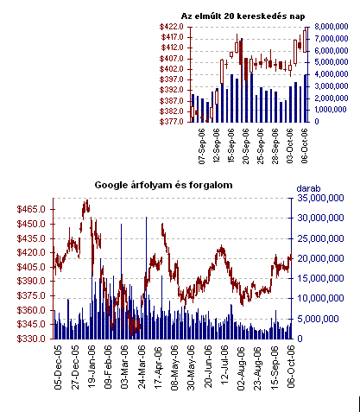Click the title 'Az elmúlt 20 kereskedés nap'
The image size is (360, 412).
pos(243,16)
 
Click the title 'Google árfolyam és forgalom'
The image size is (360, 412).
pos(163,185)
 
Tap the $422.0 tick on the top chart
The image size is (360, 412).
pos(171,27)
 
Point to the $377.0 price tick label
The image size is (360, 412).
pos(171,122)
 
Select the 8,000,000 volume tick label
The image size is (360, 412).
pos(332,27)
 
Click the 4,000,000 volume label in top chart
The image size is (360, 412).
pos(332,74)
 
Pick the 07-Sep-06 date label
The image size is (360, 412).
pos(202,146)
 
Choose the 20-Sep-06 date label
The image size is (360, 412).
pos(246,146)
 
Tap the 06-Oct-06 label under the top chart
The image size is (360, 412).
pos(304,146)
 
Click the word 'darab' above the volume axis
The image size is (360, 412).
pos(308,188)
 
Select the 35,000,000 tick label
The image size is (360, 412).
pos(320,198)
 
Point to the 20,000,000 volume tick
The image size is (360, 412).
pos(320,258)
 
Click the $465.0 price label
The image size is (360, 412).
pos(31,209)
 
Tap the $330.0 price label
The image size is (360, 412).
pos(31,339)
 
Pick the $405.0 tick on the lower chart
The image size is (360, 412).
pos(31,267)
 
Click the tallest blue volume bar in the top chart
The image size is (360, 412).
pos(242,80)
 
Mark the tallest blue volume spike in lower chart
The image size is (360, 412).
pos(147,277)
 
